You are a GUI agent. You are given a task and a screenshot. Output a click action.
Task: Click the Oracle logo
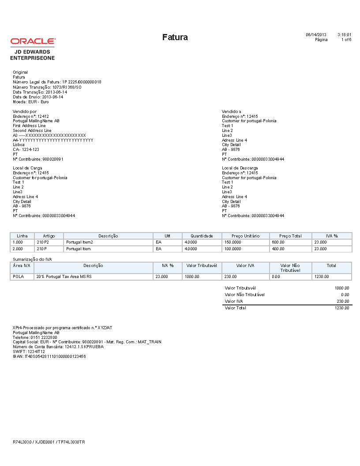[33, 41]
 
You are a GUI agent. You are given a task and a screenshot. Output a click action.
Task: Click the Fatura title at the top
[175, 37]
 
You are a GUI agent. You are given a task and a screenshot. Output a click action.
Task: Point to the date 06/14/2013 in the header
[316, 34]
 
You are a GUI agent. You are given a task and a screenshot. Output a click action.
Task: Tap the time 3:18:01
[344, 34]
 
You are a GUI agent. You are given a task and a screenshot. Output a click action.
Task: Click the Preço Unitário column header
[245, 236]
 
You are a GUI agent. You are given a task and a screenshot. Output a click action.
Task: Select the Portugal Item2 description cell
[79, 242]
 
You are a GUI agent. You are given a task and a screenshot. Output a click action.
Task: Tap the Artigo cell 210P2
[43, 242]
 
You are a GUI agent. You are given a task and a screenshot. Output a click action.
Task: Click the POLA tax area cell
[19, 277]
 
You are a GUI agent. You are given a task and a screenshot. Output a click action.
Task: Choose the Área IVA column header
[22, 266]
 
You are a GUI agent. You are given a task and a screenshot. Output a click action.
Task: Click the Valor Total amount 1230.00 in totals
[342, 308]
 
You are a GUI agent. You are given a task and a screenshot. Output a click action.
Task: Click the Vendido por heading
[25, 112]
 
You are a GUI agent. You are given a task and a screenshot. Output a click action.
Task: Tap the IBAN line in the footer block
[49, 356]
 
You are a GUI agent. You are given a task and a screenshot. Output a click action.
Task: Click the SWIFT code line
[29, 351]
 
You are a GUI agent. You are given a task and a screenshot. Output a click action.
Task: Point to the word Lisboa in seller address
[19, 145]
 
